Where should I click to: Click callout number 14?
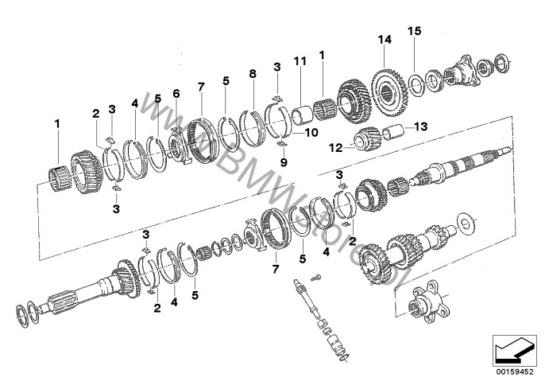(x=385, y=40)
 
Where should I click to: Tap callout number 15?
(x=413, y=31)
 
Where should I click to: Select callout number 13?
(x=420, y=126)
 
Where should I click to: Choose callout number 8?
(x=252, y=74)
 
